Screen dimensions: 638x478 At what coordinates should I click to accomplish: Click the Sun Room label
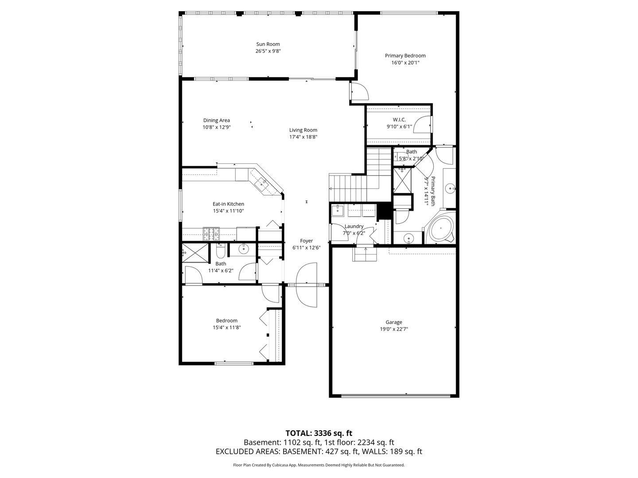click(x=268, y=44)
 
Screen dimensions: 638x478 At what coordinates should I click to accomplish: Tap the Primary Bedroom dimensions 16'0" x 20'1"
click(x=405, y=63)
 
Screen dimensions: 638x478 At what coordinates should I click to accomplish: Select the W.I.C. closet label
click(x=399, y=119)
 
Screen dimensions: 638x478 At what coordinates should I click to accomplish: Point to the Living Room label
click(x=303, y=130)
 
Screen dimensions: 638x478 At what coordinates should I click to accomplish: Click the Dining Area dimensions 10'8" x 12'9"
click(x=216, y=127)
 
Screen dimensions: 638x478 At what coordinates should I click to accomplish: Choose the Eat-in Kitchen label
click(x=228, y=204)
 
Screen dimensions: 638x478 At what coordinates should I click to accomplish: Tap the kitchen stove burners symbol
click(x=211, y=234)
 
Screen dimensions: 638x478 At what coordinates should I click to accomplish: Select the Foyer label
click(x=306, y=241)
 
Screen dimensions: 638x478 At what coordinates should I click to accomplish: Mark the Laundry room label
click(x=354, y=226)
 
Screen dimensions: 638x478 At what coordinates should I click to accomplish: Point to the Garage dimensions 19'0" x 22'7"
click(x=393, y=329)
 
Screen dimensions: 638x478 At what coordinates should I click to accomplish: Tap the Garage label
click(x=393, y=322)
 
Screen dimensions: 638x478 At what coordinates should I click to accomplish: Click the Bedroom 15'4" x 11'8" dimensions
click(x=226, y=328)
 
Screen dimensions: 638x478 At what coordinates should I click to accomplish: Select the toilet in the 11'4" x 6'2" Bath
click(x=221, y=251)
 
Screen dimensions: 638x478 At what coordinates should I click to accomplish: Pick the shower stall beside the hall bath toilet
click(x=195, y=253)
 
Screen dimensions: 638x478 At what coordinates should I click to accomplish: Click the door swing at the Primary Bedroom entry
click(x=360, y=92)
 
